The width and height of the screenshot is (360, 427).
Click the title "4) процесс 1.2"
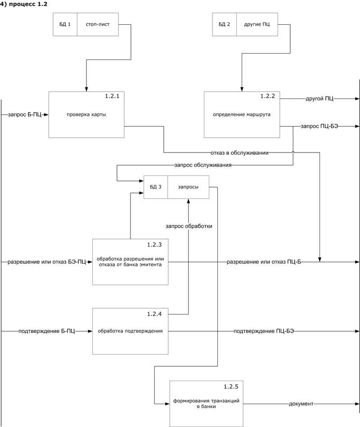[x=26, y=4]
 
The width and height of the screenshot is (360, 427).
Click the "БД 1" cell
[x=65, y=24]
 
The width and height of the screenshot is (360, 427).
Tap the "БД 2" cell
[x=224, y=24]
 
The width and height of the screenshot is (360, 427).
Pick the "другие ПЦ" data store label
[x=257, y=24]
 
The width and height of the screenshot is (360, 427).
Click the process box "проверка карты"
[x=86, y=115]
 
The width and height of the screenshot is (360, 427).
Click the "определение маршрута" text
[x=242, y=115]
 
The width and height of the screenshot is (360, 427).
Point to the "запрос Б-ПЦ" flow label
[x=25, y=115]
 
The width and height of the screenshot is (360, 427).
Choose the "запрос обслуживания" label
[x=202, y=165]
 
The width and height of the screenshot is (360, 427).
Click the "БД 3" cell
[x=156, y=187]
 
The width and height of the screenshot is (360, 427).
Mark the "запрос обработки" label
[x=189, y=226]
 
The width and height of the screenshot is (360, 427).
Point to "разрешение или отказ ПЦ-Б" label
[x=264, y=261]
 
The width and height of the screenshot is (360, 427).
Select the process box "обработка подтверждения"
[x=130, y=331]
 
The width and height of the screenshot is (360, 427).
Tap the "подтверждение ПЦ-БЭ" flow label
[x=264, y=331]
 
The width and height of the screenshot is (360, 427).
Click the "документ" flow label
[x=301, y=404]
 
